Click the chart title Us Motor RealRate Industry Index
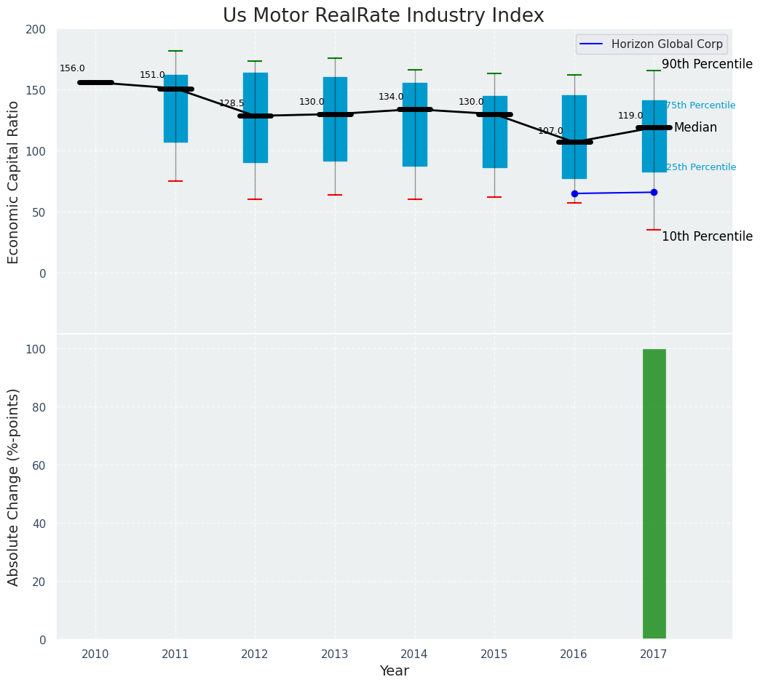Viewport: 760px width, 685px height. (383, 16)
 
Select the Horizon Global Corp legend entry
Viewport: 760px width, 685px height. (667, 44)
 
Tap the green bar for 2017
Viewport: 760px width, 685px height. (654, 494)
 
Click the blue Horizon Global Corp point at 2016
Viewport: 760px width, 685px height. (574, 193)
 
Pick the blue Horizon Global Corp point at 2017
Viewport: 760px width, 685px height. (654, 192)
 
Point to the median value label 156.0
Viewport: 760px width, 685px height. (72, 68)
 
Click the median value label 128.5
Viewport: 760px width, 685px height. (231, 103)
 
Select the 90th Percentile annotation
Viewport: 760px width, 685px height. (707, 64)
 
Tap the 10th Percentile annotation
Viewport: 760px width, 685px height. (707, 236)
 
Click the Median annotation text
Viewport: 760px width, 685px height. (695, 128)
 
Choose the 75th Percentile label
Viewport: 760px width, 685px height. (700, 105)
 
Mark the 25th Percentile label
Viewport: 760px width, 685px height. (700, 167)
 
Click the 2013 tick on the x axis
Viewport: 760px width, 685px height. (335, 654)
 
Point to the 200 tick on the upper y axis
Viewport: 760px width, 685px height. (36, 30)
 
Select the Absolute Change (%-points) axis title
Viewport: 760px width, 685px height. (14, 486)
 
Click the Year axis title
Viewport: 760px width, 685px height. (394, 671)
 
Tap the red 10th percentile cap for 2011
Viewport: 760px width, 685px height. (175, 181)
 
